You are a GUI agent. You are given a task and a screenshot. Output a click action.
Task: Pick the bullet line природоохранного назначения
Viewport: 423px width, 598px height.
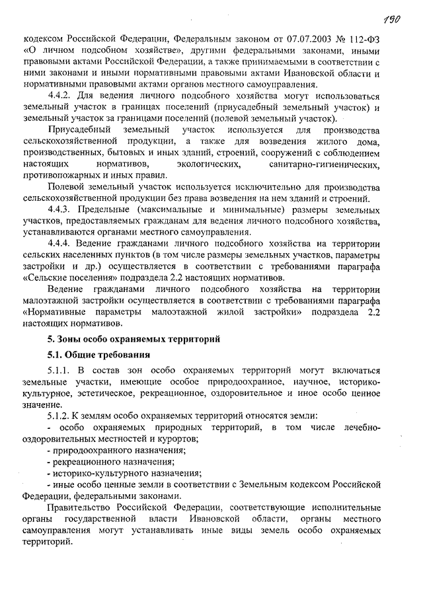click(114, 450)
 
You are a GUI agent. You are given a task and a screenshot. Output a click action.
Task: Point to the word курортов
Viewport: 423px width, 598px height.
click(199, 438)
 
